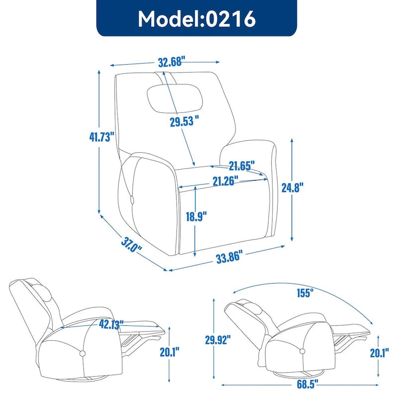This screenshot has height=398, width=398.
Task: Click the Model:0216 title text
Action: [197, 18]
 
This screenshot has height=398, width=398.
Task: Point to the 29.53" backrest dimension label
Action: [184, 122]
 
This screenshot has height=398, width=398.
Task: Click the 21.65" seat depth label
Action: [242, 164]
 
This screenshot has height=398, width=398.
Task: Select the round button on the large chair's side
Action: [133, 200]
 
